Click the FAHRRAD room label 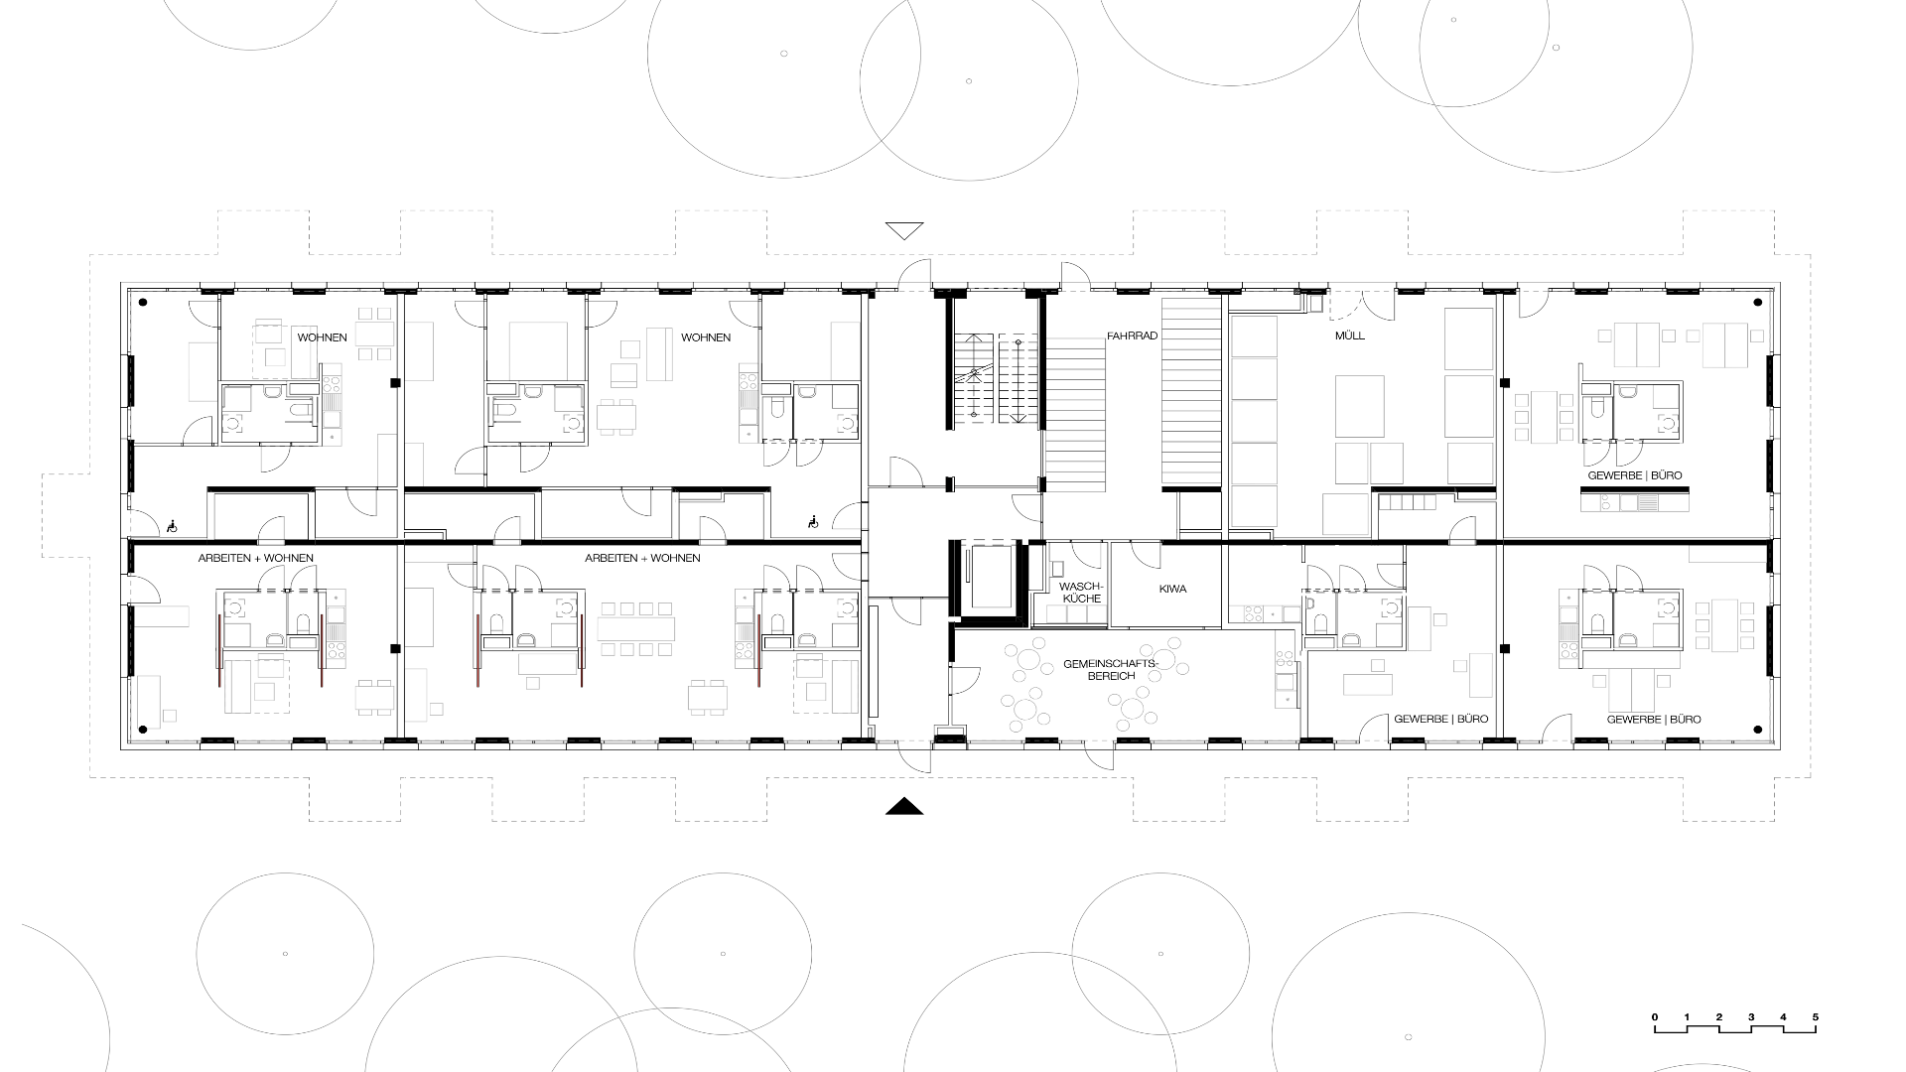pyautogui.click(x=1133, y=336)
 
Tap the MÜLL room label pyautogui.click(x=1350, y=335)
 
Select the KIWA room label pyautogui.click(x=1172, y=589)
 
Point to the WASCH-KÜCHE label pyautogui.click(x=1081, y=593)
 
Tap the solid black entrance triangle pyautogui.click(x=904, y=807)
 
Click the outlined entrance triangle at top pyautogui.click(x=904, y=230)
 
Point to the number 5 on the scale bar pyautogui.click(x=1816, y=1017)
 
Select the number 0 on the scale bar pyautogui.click(x=1655, y=1017)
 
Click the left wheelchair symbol pyautogui.click(x=172, y=526)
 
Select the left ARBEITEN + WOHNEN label pyautogui.click(x=256, y=558)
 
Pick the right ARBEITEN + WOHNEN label pyautogui.click(x=642, y=558)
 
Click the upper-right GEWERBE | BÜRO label pyautogui.click(x=1635, y=475)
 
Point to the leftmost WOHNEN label pyautogui.click(x=323, y=337)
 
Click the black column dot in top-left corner pyautogui.click(x=143, y=302)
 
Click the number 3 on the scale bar pyautogui.click(x=1751, y=1017)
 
